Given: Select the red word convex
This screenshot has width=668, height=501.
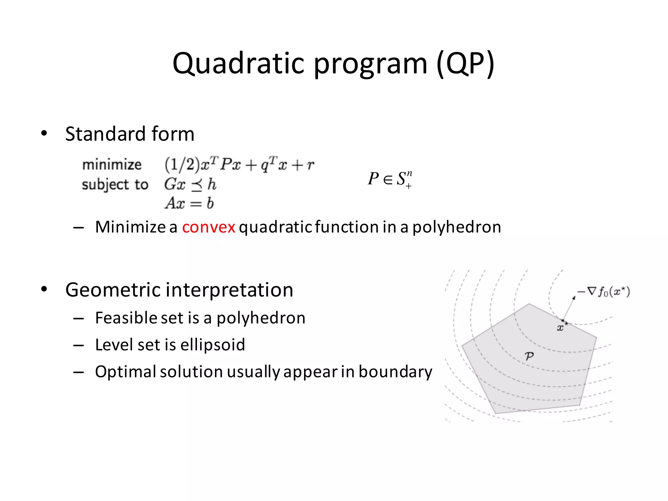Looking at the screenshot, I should point(208,227).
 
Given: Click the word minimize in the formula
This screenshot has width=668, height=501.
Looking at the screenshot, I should point(112,164).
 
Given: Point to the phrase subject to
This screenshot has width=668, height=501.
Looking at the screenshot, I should point(115,185).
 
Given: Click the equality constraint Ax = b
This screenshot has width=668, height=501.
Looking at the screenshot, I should point(189,203).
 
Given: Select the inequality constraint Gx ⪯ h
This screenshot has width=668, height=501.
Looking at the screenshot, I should point(190,184).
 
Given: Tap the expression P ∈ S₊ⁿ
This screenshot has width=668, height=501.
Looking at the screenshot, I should point(390,179).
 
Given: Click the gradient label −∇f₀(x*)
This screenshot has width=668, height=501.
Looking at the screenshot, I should point(603,292).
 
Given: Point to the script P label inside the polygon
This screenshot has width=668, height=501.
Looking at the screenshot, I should point(529,356).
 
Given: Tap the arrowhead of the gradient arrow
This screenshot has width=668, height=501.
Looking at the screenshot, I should point(574,298).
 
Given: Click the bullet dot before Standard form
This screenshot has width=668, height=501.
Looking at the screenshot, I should point(44,133).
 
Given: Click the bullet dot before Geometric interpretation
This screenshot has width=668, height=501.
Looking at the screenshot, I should point(44,289).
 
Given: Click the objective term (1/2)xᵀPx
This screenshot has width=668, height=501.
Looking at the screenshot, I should point(202,164).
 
